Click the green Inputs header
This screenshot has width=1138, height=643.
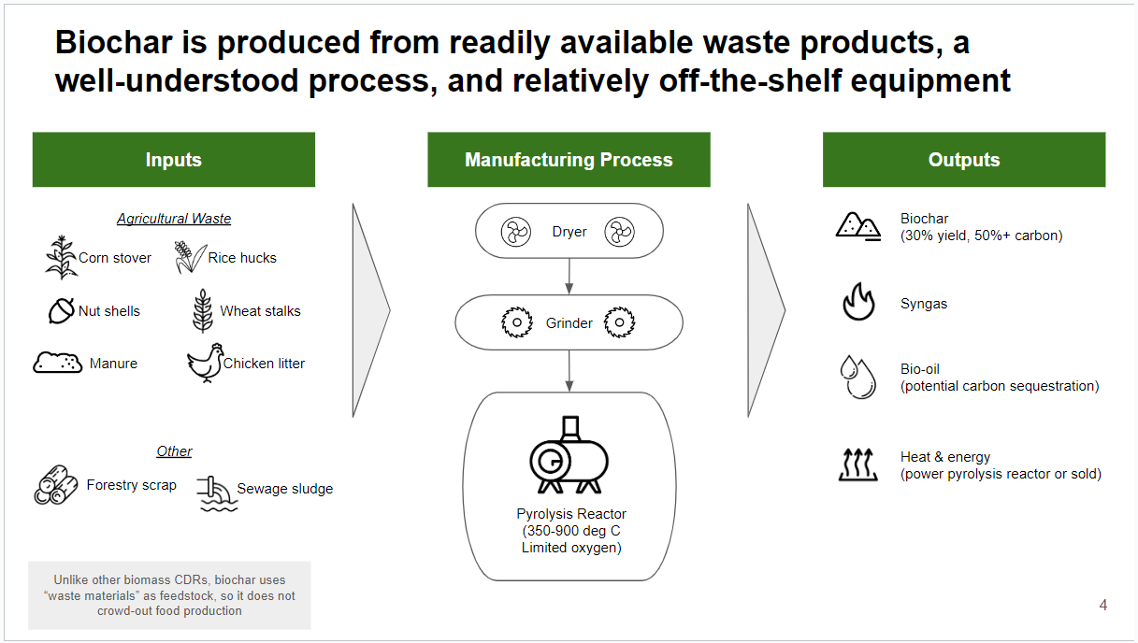[174, 160]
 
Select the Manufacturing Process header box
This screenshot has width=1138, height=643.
[569, 160]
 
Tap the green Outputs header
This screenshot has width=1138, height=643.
[964, 160]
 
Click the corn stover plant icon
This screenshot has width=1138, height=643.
[61, 258]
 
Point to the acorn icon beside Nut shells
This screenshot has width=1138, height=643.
[61, 310]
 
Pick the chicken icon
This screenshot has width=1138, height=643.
[205, 363]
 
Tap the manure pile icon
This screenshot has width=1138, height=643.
[58, 363]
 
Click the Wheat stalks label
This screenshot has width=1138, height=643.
[260, 311]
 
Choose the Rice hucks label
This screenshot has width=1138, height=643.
[242, 258]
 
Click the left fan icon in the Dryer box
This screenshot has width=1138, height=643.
[516, 231]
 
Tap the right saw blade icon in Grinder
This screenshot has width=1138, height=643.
[619, 323]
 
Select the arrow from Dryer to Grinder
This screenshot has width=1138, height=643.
[569, 276]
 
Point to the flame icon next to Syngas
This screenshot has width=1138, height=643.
[857, 303]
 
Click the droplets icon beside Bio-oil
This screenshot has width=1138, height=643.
[857, 376]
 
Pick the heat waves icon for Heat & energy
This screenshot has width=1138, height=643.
[857, 464]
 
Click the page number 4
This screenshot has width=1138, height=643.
[1103, 606]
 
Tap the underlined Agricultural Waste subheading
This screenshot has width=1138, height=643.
[174, 219]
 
